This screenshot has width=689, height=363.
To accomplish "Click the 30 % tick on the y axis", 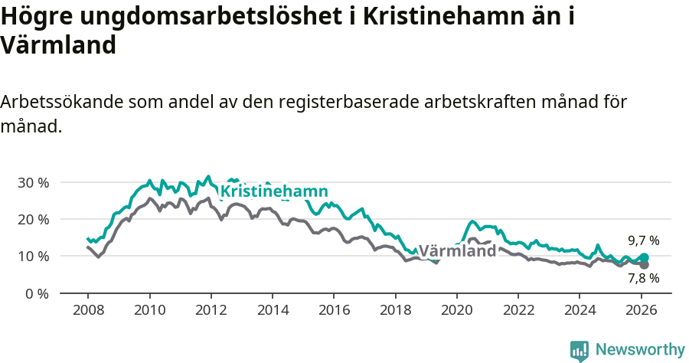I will tap(33, 182).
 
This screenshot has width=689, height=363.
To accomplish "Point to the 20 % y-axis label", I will tap(33, 219).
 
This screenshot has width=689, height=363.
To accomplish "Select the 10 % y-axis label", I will tap(33, 256).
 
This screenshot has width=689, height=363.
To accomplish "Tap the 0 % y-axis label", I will tap(36, 293).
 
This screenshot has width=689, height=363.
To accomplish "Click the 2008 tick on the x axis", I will tap(88, 311).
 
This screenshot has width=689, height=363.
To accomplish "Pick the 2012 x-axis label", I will tap(211, 311).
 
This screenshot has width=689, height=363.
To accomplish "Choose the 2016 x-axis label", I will tap(334, 311).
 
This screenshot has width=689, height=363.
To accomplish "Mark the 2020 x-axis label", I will tap(456, 311).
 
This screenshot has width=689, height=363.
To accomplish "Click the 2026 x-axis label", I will tap(641, 311).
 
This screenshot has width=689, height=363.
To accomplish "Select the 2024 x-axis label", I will tap(580, 311).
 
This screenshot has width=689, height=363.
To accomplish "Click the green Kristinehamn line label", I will tap(274, 191).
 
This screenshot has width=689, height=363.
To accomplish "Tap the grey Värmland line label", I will tap(457, 251).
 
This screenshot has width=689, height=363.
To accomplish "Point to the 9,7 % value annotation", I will tap(644, 240).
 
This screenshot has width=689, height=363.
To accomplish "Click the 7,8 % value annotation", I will tap(644, 278).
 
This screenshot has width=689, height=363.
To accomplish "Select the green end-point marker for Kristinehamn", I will tap(644, 258).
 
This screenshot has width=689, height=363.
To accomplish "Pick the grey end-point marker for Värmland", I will tap(644, 265).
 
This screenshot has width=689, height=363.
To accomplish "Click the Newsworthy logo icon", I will tap(580, 350).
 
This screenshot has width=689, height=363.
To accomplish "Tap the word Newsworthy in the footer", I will tap(640, 350).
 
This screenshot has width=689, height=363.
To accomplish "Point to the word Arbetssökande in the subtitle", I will tap(60, 102).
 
